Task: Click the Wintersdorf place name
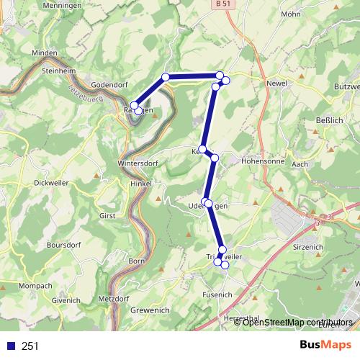pyautogui.click(x=136, y=163)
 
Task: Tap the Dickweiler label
pyautogui.click(x=52, y=183)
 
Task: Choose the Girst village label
pyautogui.click(x=107, y=215)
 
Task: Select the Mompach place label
pyautogui.click(x=35, y=286)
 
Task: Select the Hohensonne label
pyautogui.click(x=263, y=162)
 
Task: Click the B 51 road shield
pyautogui.click(x=225, y=4)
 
